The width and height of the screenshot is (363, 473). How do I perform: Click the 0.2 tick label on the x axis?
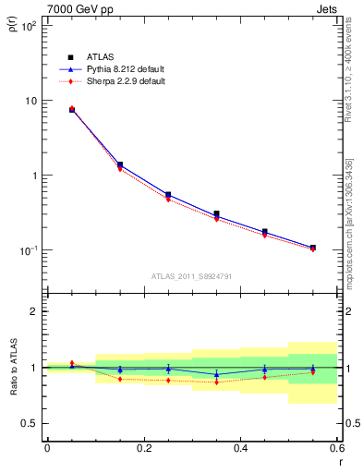[x=143, y=448]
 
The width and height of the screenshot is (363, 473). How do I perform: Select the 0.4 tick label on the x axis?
[x=240, y=448]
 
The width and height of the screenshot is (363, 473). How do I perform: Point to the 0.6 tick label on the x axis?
[x=336, y=448]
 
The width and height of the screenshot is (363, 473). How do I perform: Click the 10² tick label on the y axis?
[x=30, y=26]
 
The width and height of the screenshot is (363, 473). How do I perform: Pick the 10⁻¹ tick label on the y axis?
[x=30, y=250]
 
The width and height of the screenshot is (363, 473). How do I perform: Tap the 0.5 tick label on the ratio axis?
[x=30, y=423]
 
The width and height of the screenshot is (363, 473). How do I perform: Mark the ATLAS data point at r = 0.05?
[x=72, y=110]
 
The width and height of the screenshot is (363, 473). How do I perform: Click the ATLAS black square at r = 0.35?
[x=216, y=214]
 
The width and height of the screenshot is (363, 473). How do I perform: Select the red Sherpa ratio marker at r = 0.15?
[x=120, y=379]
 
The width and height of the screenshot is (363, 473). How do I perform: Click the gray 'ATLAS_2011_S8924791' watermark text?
[x=191, y=275]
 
